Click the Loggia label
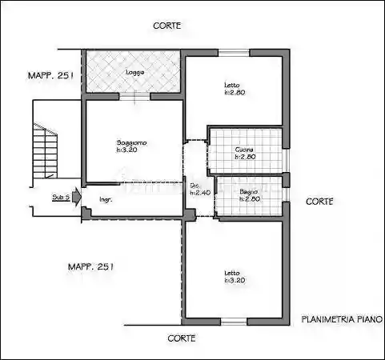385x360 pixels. coord(134,73)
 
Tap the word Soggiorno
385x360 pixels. coord(132,142)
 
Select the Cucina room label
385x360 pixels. coord(245,150)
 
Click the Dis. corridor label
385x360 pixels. coord(195,186)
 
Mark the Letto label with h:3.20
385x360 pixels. coord(232,274)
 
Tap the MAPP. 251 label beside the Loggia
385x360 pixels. coord(50,75)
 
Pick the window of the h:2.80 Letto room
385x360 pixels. coord(235,53)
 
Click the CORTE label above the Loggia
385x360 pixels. coord(166,26)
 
